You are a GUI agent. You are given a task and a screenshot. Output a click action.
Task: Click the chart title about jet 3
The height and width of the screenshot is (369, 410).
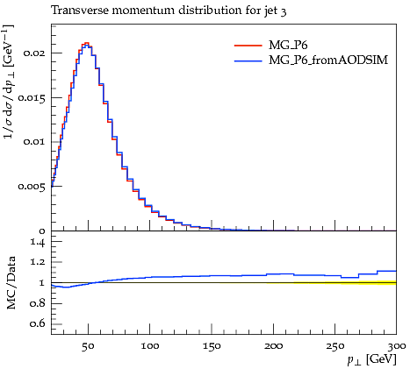click(169, 11)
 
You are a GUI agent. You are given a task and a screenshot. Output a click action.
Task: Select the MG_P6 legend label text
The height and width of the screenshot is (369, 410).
click(288, 46)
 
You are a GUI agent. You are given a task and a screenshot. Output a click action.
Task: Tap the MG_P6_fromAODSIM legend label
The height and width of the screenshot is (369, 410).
click(328, 60)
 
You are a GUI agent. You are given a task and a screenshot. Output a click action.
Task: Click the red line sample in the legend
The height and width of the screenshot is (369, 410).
click(248, 46)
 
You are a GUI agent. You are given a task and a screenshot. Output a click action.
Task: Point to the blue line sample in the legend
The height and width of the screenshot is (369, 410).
click(248, 60)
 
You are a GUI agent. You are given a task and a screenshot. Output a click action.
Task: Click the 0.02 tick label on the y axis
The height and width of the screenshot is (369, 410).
click(34, 53)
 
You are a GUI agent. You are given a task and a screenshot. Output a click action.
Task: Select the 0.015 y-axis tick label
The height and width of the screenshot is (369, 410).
click(32, 97)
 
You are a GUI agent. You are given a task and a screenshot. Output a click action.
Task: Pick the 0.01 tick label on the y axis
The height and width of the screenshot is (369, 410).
click(34, 142)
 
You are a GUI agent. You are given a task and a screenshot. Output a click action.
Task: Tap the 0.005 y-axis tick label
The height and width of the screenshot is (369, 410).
click(32, 187)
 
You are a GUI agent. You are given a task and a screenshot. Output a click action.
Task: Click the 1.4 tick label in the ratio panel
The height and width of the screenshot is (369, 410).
click(38, 242)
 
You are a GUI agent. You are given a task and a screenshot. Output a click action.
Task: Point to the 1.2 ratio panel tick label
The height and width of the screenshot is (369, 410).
click(38, 262)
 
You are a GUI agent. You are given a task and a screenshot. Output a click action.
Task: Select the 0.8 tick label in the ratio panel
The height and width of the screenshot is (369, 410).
click(38, 303)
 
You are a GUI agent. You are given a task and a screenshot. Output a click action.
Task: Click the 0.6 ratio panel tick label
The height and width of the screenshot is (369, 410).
click(38, 324)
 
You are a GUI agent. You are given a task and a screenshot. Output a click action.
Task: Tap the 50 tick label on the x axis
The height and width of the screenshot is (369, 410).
click(88, 346)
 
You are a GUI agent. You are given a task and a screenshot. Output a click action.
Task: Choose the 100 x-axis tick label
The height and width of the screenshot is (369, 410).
click(150, 346)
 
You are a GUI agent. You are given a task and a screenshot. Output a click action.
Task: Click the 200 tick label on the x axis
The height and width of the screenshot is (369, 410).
click(274, 346)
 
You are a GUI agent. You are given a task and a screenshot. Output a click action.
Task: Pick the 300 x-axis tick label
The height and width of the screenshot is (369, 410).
click(397, 346)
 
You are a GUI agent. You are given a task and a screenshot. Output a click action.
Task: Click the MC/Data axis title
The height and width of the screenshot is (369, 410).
click(11, 282)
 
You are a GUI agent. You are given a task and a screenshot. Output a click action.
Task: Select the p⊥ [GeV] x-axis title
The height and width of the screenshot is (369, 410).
click(371, 359)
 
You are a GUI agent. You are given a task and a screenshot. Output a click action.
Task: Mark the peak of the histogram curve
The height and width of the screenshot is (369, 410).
click(86, 43)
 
